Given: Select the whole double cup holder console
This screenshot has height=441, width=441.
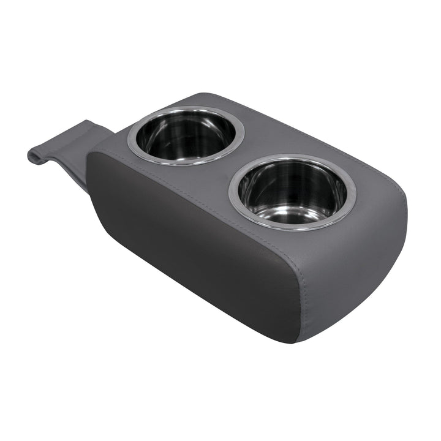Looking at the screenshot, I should coord(245,221).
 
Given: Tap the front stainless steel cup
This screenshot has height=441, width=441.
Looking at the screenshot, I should coord(292,193).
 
